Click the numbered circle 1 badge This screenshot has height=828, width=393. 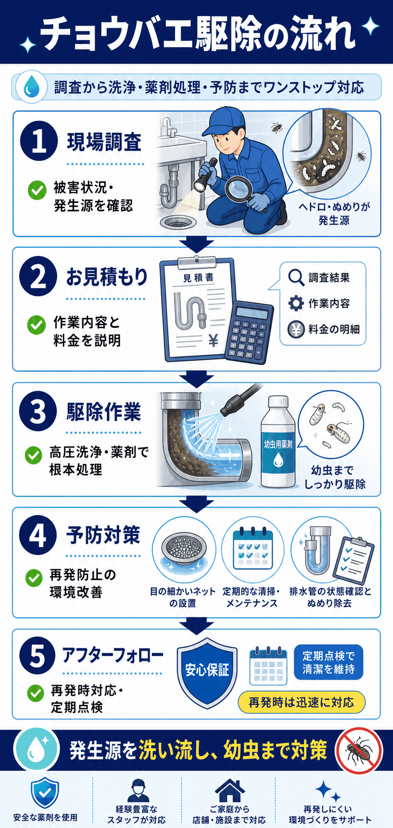(x=39, y=141)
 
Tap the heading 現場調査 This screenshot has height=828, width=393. (x=104, y=142)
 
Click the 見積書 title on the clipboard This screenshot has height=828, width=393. (x=198, y=277)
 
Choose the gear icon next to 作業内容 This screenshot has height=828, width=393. (x=296, y=303)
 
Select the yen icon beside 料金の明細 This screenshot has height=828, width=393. (x=296, y=329)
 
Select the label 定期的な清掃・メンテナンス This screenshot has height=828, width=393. (x=252, y=597)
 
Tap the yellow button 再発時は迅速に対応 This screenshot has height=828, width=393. (x=302, y=702)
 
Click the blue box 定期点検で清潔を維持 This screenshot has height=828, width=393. (x=328, y=662)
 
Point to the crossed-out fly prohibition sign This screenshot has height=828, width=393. (x=359, y=751)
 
